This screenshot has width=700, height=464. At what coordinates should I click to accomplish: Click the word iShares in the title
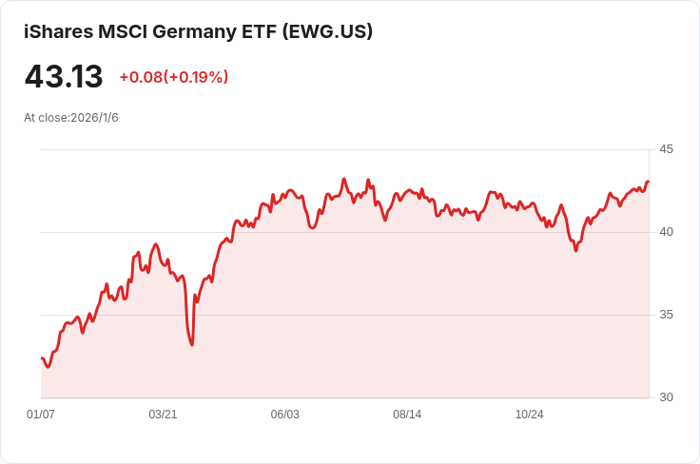tap(58, 31)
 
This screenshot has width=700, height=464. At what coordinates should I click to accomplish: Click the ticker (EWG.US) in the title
tap(327, 31)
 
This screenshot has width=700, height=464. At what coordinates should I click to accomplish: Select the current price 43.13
tap(63, 76)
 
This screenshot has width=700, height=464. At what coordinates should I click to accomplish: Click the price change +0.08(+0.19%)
tap(173, 77)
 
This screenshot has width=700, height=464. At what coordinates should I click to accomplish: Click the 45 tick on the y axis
tap(666, 149)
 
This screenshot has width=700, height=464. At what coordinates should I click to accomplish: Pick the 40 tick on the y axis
tap(666, 232)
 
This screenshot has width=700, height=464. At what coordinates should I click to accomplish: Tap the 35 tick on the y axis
tap(666, 315)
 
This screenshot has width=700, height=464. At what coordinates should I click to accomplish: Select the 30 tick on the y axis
tap(666, 397)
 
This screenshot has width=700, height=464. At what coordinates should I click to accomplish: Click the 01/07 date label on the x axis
tap(41, 415)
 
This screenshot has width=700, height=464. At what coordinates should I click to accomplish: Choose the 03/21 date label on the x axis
tap(163, 415)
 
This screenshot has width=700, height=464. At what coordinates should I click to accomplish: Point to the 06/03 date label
tap(285, 415)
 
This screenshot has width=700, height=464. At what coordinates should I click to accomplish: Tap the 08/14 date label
tap(407, 415)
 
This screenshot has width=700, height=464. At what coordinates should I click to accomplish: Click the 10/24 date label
tap(529, 415)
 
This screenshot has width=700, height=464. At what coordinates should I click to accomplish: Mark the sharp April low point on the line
tap(192, 344)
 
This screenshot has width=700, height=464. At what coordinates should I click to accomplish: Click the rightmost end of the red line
tap(648, 182)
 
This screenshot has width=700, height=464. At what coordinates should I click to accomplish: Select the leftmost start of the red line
tap(42, 358)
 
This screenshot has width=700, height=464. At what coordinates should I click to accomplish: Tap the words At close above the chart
tap(46, 118)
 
